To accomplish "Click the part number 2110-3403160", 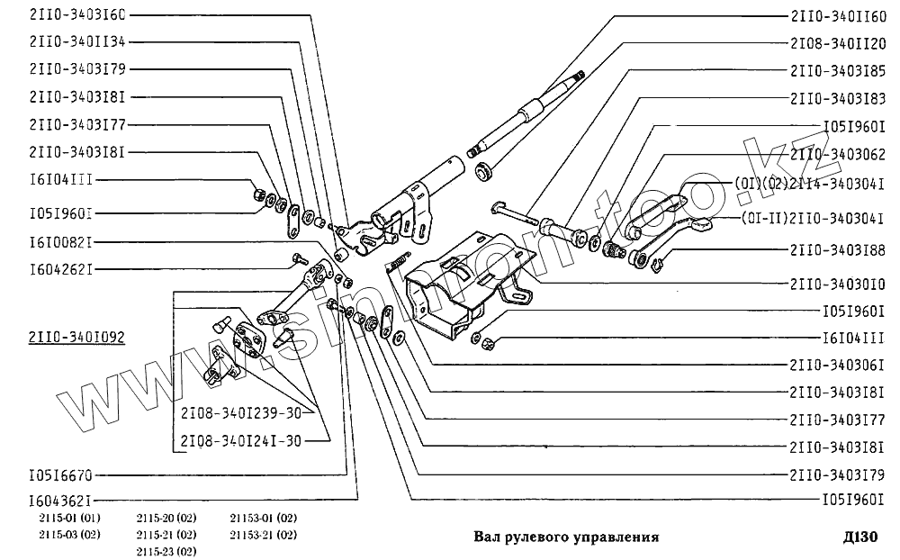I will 77,15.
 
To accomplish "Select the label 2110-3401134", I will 77,41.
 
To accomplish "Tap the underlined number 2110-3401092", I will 77,338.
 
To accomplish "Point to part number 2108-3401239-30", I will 239,413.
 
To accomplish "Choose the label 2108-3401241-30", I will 239,441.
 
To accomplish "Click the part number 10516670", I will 60,474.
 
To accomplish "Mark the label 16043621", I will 60,500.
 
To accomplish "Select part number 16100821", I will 60,241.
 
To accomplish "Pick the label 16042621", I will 60,267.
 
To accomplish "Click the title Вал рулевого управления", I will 566,537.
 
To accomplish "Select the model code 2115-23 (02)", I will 166,550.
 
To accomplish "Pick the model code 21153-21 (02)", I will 263,534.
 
